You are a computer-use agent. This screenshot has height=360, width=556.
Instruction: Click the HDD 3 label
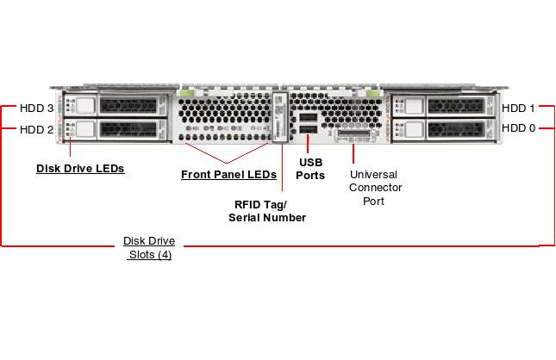(x=36, y=109)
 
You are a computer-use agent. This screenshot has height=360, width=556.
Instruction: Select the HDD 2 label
(x=36, y=130)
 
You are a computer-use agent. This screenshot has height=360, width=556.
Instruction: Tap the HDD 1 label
(x=518, y=109)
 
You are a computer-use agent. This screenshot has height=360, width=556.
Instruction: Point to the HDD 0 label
(x=518, y=128)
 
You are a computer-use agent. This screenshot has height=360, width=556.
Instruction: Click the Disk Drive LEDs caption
(x=80, y=169)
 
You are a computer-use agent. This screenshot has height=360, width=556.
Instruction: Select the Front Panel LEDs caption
(x=228, y=175)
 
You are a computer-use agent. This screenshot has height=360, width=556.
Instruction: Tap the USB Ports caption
(x=310, y=169)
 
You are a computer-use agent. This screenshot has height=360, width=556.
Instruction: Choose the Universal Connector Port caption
(x=375, y=187)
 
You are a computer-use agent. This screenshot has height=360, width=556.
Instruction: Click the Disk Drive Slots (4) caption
(x=149, y=248)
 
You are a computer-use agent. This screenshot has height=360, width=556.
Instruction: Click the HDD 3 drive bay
(x=110, y=106)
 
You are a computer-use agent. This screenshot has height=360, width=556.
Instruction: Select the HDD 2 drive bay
(x=110, y=129)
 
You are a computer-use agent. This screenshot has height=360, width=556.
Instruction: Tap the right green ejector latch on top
(x=372, y=90)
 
